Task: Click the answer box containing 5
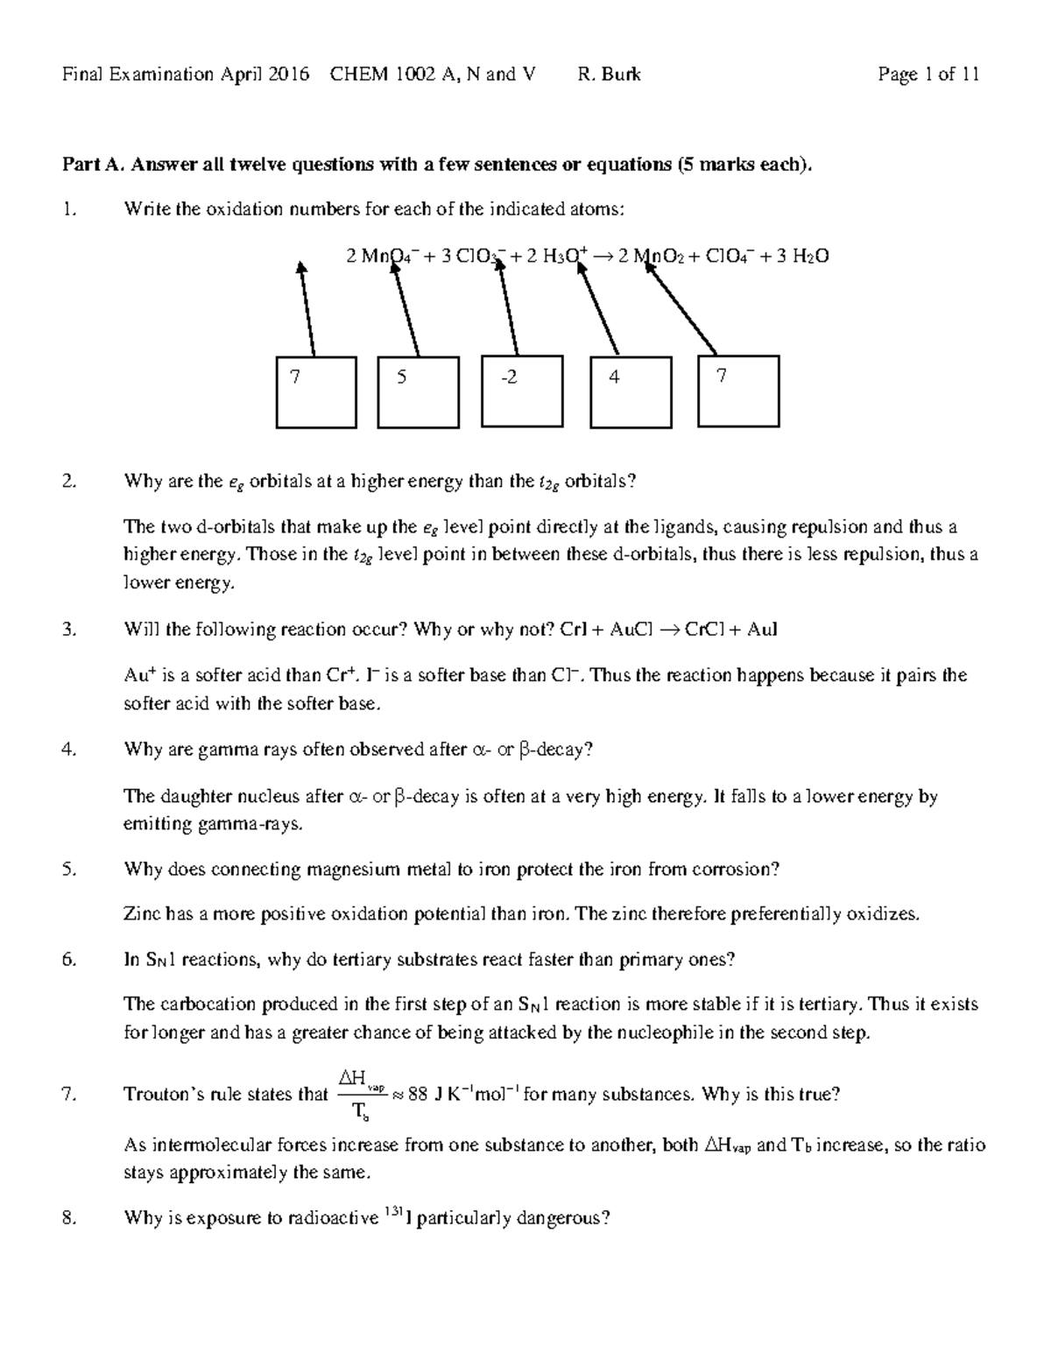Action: (418, 391)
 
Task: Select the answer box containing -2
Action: (522, 391)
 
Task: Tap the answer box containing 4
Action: (631, 391)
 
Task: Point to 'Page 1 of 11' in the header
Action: (928, 74)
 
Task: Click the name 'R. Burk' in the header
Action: (609, 74)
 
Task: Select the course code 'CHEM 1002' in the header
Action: (383, 74)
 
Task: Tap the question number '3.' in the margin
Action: (70, 630)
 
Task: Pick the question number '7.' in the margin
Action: (70, 1095)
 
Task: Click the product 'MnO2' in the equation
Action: (659, 257)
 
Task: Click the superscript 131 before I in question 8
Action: (393, 1213)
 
